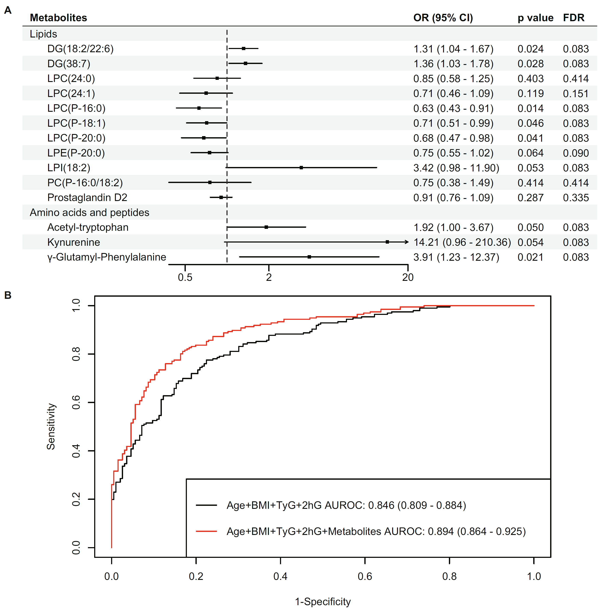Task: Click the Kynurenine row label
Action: (x=73, y=242)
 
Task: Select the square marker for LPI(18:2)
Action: (x=301, y=168)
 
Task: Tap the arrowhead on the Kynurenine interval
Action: (x=407, y=242)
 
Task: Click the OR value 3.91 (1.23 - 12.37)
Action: (x=456, y=257)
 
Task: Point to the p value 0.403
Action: (x=530, y=79)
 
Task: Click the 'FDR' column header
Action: (x=573, y=18)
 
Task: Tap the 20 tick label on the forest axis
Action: (x=408, y=277)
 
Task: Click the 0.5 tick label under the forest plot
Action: (x=185, y=277)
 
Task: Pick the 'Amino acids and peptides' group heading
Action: (x=89, y=213)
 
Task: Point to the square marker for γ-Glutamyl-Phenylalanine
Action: (x=309, y=257)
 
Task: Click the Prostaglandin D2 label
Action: (x=87, y=198)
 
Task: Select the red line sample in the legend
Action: (x=207, y=531)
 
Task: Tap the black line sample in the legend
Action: (x=207, y=505)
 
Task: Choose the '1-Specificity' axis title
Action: (x=323, y=602)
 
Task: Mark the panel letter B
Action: (x=8, y=295)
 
